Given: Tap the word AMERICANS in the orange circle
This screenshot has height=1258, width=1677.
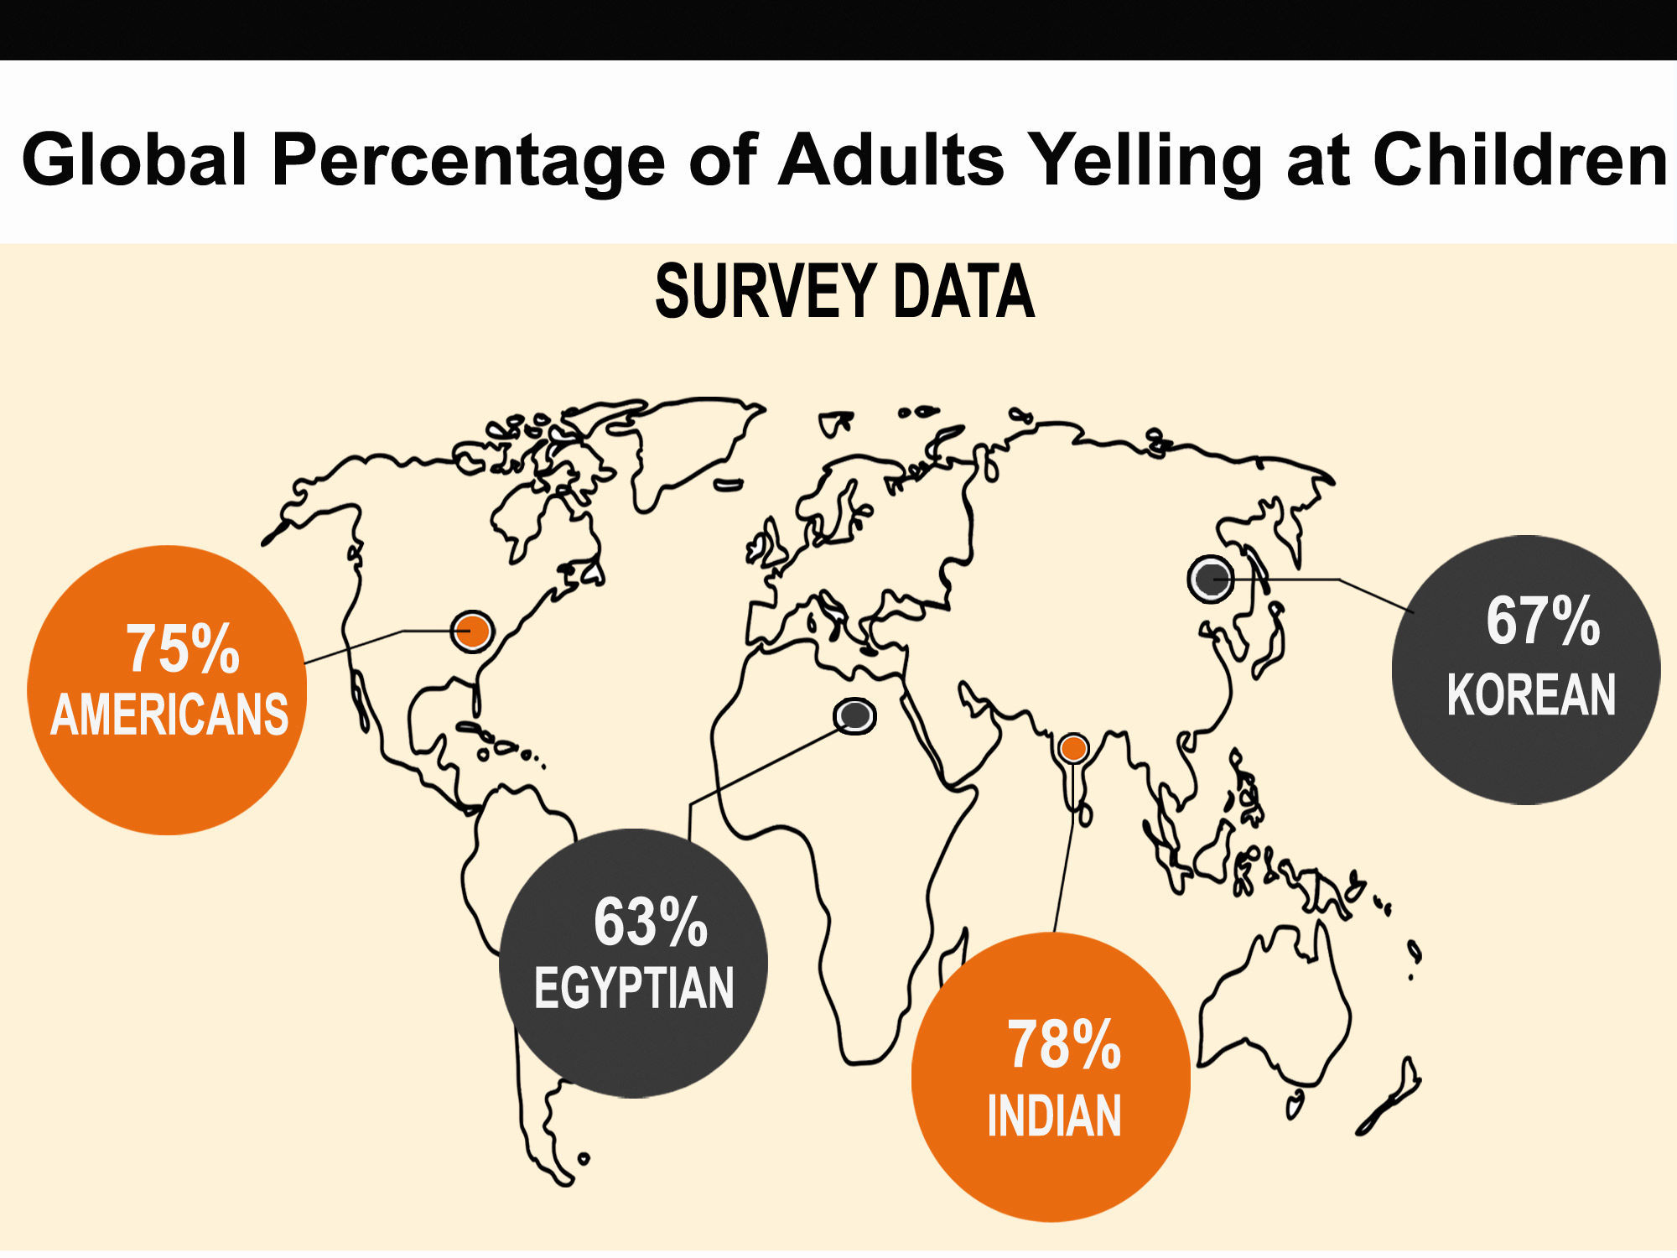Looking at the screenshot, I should click(169, 715).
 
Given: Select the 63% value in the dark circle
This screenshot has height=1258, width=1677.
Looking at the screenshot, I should click(651, 922).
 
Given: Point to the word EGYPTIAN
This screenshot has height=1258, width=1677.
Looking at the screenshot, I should click(634, 988).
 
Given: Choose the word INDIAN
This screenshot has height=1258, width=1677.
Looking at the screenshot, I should click(1054, 1116).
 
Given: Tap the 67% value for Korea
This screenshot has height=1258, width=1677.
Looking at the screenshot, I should click(1543, 621).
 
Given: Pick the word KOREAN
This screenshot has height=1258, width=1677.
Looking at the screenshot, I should click(1531, 694).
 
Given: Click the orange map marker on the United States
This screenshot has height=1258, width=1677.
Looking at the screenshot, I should click(472, 631).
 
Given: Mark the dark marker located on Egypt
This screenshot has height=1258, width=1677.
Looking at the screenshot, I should click(854, 715).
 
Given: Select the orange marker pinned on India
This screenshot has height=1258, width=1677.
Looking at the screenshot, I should click(1073, 748).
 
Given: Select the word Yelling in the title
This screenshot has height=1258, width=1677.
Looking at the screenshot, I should click(1145, 161).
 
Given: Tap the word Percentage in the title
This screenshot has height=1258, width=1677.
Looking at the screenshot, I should click(468, 161).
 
